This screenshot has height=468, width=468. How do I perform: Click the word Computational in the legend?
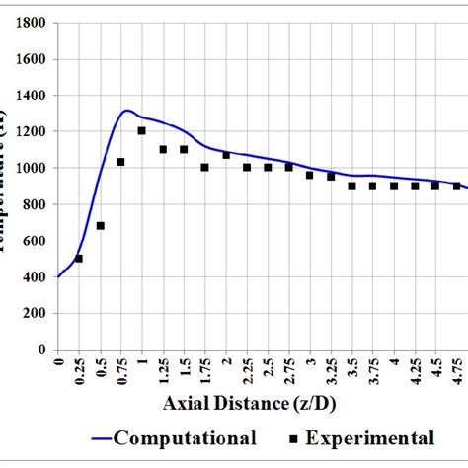pos(188,438)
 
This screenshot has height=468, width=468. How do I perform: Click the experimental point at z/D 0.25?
pos(79,259)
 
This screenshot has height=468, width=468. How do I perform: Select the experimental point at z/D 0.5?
pos(100,226)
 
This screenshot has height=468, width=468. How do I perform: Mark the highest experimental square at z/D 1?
pos(142,130)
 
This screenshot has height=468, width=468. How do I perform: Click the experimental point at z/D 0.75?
pos(120,162)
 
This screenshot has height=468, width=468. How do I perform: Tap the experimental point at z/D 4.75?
pos(457,186)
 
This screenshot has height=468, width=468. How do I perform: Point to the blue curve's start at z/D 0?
pos(58,277)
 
